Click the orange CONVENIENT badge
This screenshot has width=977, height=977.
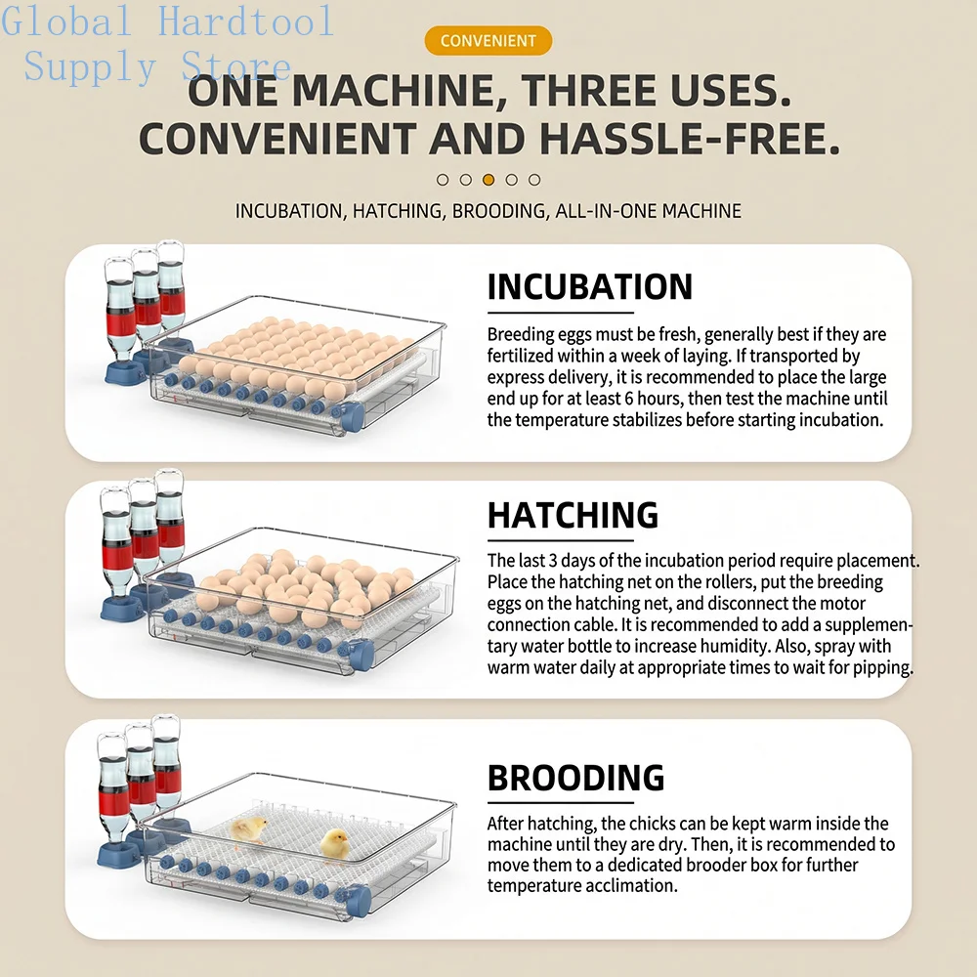[488, 40]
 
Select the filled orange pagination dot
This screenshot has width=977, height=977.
[488, 180]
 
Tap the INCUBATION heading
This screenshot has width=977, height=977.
[589, 286]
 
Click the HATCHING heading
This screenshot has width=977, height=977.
[573, 515]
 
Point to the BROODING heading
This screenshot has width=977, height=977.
[575, 778]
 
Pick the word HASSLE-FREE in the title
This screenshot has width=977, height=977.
[690, 138]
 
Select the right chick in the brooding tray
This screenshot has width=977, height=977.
[334, 844]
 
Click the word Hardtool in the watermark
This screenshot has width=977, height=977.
[246, 20]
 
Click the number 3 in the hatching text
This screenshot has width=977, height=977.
[553, 560]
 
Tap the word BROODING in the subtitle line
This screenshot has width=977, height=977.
[501, 211]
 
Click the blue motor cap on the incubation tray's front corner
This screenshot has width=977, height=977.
[350, 415]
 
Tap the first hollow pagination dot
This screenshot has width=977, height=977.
[443, 180]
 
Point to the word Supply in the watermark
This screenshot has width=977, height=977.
[90, 66]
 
